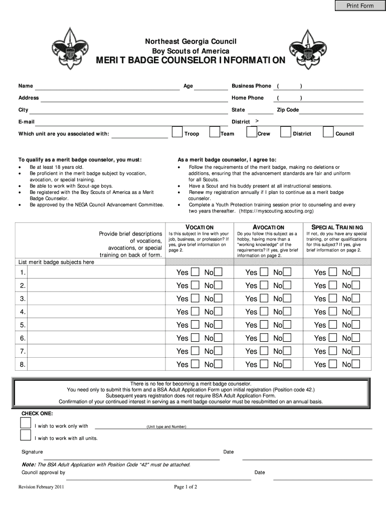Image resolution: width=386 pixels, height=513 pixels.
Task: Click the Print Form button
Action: [360, 6]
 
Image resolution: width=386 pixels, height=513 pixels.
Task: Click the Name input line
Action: [109, 87]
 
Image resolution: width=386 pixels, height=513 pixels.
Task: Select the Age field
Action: [211, 87]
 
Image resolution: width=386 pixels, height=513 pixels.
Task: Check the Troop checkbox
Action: [177, 132]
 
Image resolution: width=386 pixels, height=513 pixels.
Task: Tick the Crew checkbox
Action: [251, 132]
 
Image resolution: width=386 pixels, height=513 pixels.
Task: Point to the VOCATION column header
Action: [200, 227]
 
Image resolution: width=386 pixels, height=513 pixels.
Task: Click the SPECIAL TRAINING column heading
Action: [337, 227]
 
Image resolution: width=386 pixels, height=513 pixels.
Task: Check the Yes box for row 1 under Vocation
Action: [195, 272]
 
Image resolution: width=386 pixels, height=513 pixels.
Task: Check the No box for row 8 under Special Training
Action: [356, 364]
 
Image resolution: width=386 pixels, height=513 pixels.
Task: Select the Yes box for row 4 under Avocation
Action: [264, 312]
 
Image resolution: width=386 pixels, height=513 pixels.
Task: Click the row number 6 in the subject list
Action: [23, 338]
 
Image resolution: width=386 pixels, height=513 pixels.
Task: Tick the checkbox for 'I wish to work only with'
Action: [26, 422]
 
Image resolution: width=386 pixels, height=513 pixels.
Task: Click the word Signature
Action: [32, 452]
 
